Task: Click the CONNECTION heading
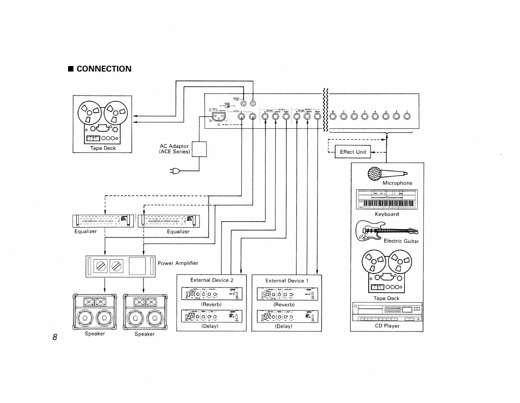pos(104,69)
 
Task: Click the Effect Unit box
pos(353,152)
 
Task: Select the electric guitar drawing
pos(386,231)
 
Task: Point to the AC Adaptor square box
pos(199,149)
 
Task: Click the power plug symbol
pos(175,171)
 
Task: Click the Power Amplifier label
pos(178,263)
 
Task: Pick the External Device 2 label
pos(212,280)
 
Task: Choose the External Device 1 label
pos(286,280)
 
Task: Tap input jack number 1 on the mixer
pos(407,116)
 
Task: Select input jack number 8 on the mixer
pos(333,116)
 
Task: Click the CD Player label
pos(387,326)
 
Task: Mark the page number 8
pos(55,337)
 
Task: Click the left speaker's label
pos(95,334)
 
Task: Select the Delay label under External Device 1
pos(283,326)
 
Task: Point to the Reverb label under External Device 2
pos(211,304)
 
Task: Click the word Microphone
pos(397,183)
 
